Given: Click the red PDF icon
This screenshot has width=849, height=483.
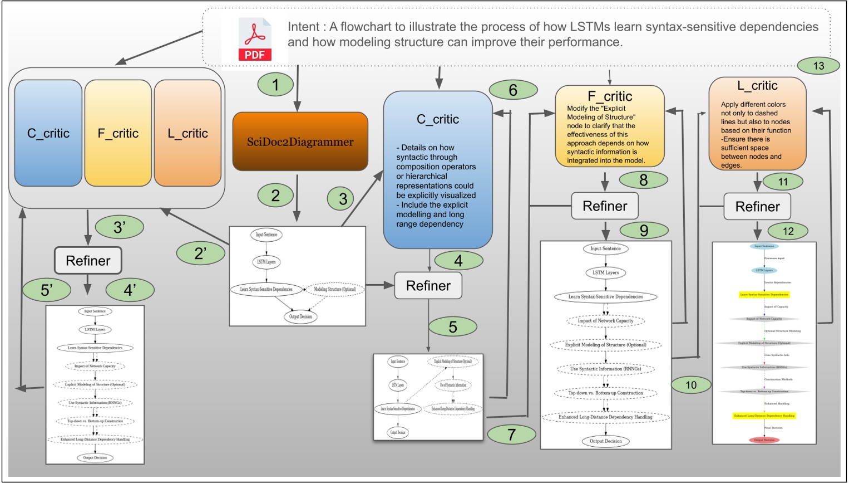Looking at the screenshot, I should click(255, 40).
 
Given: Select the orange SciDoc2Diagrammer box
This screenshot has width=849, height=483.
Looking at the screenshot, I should click(300, 142).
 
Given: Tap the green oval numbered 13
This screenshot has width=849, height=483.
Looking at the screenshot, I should click(818, 66).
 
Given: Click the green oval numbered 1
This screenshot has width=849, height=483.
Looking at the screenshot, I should click(275, 85).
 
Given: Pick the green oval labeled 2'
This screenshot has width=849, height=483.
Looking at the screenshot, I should click(200, 253).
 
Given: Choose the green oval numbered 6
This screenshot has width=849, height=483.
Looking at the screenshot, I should click(513, 90).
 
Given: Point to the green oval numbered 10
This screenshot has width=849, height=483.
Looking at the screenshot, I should click(691, 385).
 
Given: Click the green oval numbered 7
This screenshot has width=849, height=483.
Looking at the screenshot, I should click(511, 434).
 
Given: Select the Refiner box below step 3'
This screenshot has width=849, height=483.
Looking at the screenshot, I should click(88, 261).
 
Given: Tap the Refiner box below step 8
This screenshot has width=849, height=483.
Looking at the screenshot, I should click(605, 206).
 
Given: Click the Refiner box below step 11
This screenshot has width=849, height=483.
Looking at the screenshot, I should click(757, 207).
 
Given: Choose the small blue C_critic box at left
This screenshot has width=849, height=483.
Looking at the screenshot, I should click(48, 133).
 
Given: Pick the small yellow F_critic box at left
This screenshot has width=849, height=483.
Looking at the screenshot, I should click(118, 133).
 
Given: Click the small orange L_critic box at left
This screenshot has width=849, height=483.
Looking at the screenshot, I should click(187, 133).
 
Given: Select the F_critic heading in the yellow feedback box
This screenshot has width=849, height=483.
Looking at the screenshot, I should click(610, 96).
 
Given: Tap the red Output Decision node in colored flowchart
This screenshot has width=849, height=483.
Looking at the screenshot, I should click(764, 440).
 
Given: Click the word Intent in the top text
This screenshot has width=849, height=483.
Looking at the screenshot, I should click(303, 27).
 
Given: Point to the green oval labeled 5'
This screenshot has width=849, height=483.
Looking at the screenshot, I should click(47, 290).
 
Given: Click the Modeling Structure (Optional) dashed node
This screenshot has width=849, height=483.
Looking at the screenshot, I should click(335, 289).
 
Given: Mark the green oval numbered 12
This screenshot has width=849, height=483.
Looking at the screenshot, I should click(788, 231).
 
